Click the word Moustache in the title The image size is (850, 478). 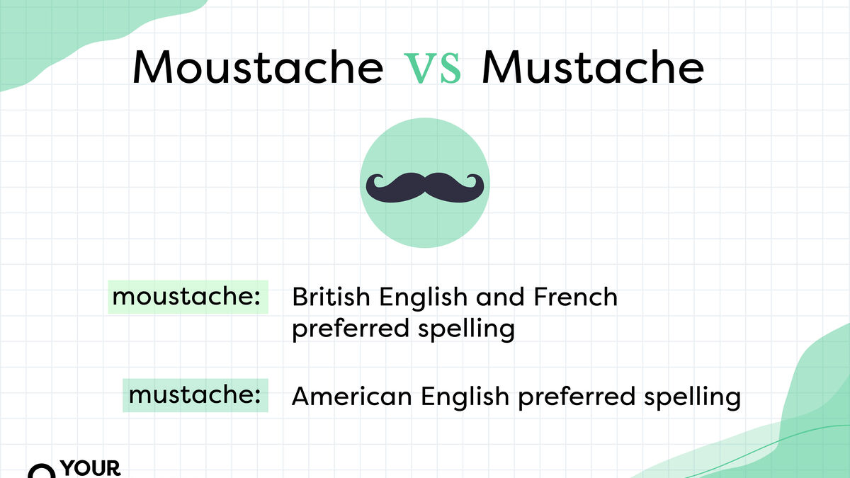[258, 67]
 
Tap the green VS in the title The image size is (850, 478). [433, 68]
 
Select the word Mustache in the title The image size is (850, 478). [593, 67]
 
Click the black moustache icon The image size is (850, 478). [425, 188]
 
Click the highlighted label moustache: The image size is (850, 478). [187, 297]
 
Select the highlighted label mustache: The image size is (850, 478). [195, 395]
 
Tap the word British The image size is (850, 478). [331, 297]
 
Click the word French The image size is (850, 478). [575, 297]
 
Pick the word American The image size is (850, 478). [352, 396]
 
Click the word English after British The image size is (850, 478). [423, 298]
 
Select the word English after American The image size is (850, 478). [465, 397]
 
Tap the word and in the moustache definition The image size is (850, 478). [500, 297]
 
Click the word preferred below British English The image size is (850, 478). [351, 329]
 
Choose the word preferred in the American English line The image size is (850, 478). [577, 397]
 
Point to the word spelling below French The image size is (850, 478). [466, 329]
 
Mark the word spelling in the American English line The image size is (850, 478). [693, 397]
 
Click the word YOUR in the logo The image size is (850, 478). [91, 468]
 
